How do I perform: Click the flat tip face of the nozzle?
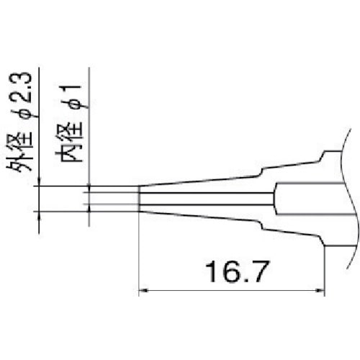[x=138, y=199]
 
